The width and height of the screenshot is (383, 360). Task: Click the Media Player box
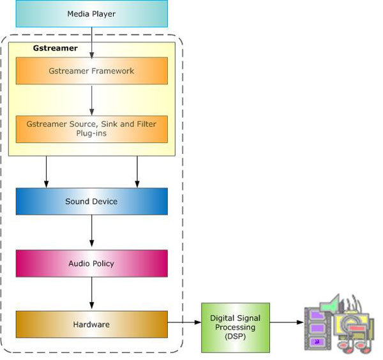(91, 13)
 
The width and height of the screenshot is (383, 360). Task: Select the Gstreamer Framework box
(91, 71)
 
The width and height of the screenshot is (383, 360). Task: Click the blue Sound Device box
(91, 202)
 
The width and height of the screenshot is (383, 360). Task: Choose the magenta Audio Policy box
(91, 263)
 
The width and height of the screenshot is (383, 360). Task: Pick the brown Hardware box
(91, 324)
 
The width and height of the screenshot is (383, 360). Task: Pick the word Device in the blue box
(105, 202)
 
